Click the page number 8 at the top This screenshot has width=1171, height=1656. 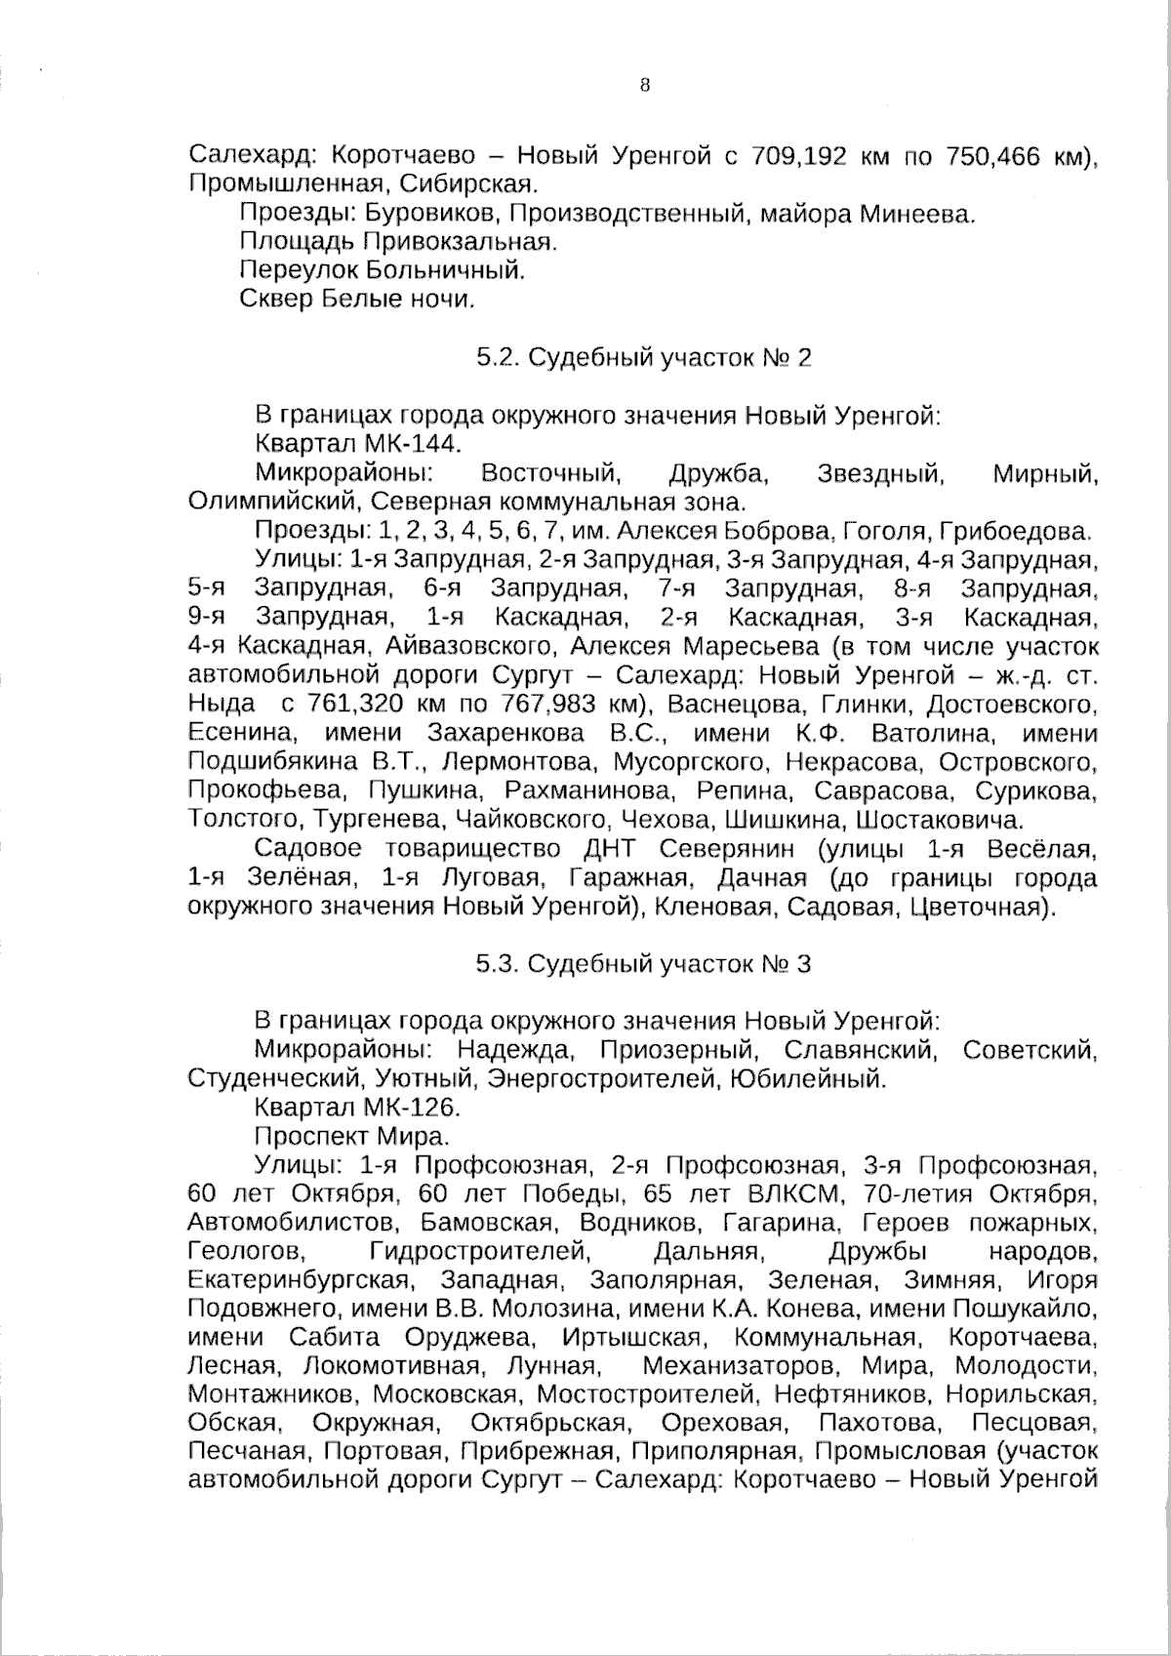(644, 85)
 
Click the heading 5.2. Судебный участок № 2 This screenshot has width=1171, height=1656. (644, 357)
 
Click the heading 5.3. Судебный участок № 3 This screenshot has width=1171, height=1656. (644, 964)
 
